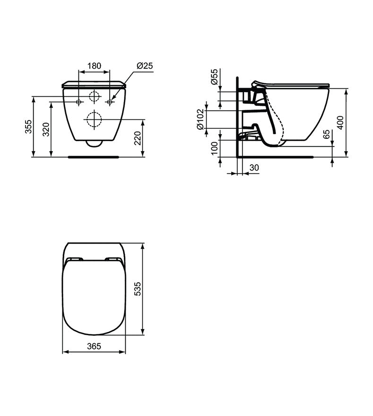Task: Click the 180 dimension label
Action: (x=94, y=66)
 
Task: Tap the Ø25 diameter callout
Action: (x=145, y=66)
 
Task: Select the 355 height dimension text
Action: (x=28, y=127)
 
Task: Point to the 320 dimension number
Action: (x=46, y=129)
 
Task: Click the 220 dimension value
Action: (x=138, y=138)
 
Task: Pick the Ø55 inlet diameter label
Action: (x=214, y=76)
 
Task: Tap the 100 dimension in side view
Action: (x=214, y=148)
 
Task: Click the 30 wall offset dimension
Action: (x=254, y=168)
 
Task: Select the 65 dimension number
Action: (x=327, y=134)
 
